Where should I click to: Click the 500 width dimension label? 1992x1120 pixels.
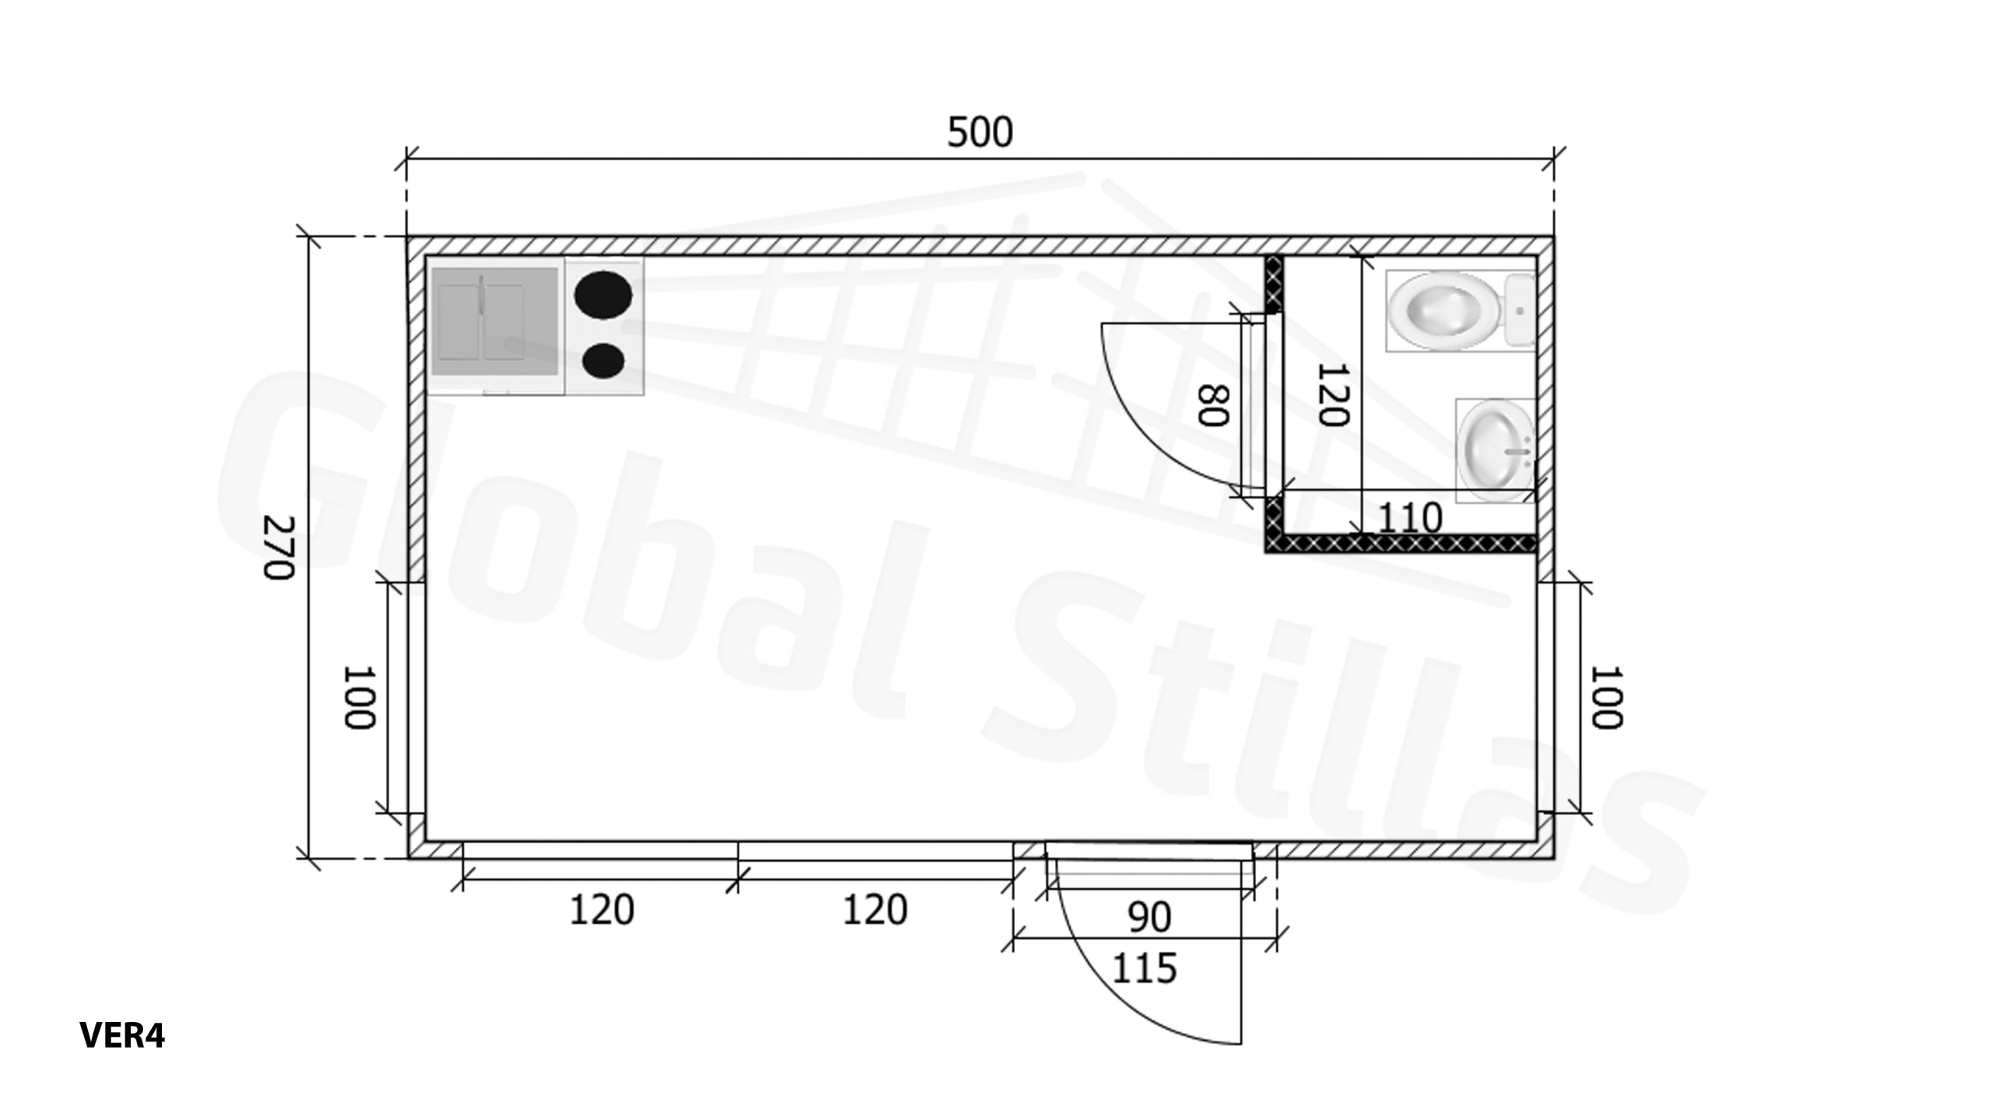pyautogui.click(x=980, y=132)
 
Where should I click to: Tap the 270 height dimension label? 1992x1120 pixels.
pyautogui.click(x=279, y=548)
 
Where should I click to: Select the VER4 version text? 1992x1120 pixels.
pyautogui.click(x=122, y=1035)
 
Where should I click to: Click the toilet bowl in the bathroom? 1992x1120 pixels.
pyautogui.click(x=1444, y=310)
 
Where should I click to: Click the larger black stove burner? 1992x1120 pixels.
pyautogui.click(x=603, y=296)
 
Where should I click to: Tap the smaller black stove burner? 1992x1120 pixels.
pyautogui.click(x=603, y=360)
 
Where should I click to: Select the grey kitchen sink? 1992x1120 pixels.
pyautogui.click(x=495, y=321)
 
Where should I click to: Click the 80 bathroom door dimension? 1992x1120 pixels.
pyautogui.click(x=1212, y=405)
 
